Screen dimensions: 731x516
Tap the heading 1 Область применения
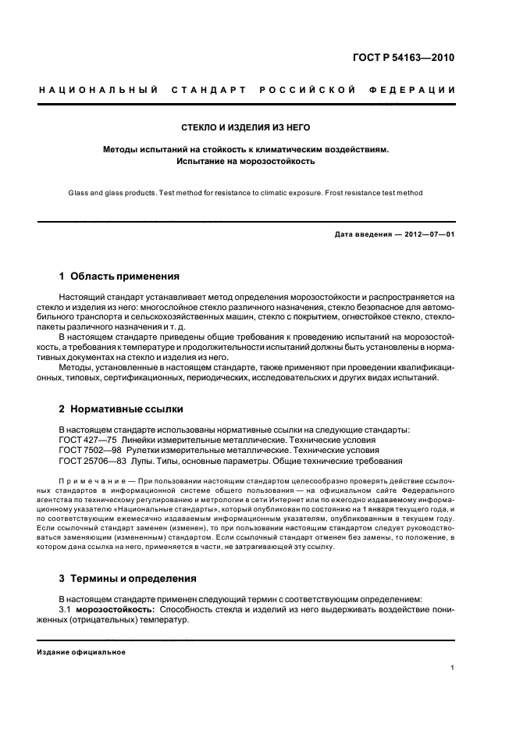tap(119, 276)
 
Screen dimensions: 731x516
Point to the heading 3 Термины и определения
tap(129, 579)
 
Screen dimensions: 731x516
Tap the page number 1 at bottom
tap(453, 668)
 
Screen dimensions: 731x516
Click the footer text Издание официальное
tap(81, 652)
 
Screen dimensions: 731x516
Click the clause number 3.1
tap(66, 608)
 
